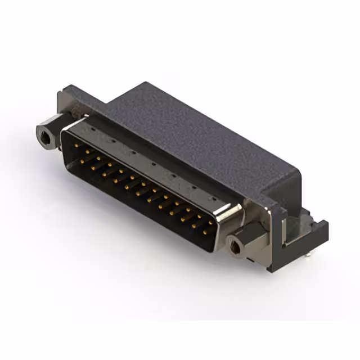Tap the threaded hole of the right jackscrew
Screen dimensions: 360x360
pos(235,245)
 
